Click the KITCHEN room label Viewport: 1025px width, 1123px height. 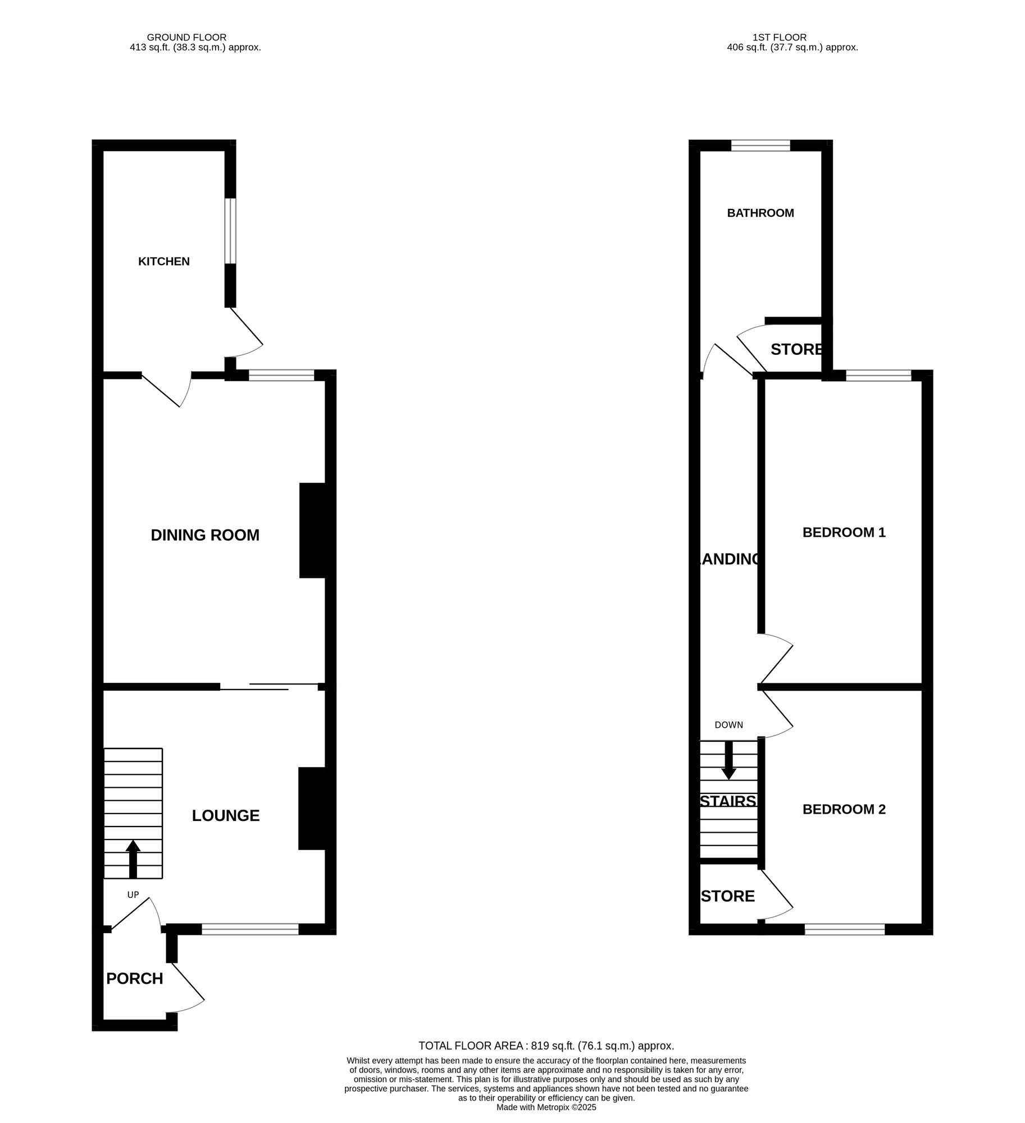[164, 261]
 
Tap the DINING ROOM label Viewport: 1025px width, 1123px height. [205, 535]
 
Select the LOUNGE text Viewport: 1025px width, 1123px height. [226, 815]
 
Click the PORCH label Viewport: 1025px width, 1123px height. [134, 979]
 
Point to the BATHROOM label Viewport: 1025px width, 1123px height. [760, 213]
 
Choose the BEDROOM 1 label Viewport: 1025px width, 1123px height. [844, 532]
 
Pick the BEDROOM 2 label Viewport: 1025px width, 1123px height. [844, 809]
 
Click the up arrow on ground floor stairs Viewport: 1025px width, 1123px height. [133, 858]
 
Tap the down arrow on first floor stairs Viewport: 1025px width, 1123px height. [728, 761]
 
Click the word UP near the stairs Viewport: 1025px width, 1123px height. [133, 895]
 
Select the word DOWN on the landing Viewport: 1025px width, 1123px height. [728, 725]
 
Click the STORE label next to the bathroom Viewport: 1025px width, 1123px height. [796, 349]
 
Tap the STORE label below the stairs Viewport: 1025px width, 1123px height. [728, 896]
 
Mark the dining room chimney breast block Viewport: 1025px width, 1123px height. [312, 530]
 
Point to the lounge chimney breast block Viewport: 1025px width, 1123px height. [312, 808]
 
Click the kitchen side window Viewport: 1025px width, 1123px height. [230, 230]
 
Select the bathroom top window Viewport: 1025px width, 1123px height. [760, 146]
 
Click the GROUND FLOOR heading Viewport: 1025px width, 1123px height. [186, 38]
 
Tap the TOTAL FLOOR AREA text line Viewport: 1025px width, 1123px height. [546, 1046]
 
